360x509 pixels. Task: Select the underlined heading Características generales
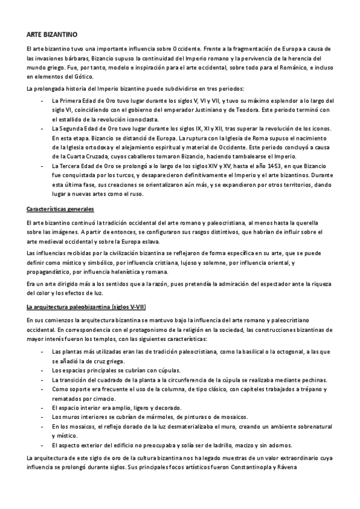(60, 209)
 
